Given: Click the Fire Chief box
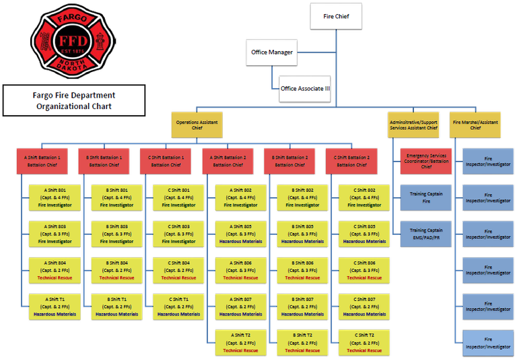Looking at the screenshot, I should click(336, 17).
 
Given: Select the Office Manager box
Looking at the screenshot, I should click(272, 52).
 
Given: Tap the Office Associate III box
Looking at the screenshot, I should click(305, 89).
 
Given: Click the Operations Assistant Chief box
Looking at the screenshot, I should click(197, 124).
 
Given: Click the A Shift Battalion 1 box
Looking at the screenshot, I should click(42, 160).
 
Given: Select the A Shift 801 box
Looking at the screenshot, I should click(51, 196).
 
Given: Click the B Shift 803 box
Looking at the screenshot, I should click(112, 233).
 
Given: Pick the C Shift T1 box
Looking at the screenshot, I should click(174, 305).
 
